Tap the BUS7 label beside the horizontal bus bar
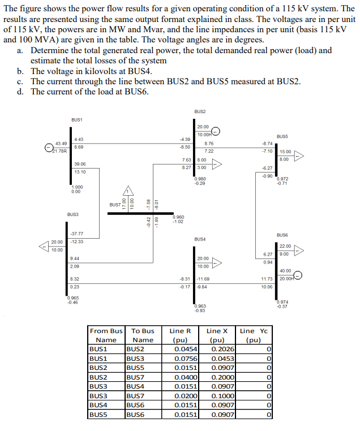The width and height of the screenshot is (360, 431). [116, 205]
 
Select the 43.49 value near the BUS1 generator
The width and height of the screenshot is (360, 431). [61, 143]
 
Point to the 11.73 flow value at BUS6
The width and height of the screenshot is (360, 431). [267, 279]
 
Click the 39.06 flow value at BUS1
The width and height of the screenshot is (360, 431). [80, 164]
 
